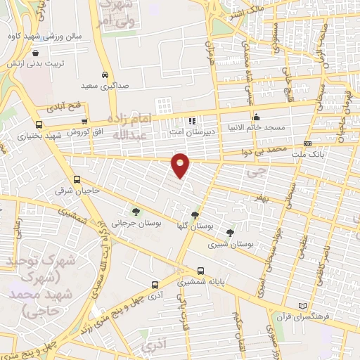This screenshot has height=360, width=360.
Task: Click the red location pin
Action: click(181, 165)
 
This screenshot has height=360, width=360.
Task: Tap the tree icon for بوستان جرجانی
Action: click(135, 212)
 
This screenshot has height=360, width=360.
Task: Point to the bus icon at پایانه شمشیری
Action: click(201, 271)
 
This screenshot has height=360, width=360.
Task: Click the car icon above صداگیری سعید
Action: click(105, 75)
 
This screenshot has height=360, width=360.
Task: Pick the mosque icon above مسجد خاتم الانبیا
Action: click(257, 117)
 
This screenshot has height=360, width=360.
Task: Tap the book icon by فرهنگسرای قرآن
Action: click(303, 307)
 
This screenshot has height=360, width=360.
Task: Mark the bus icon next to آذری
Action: click(155, 285)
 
